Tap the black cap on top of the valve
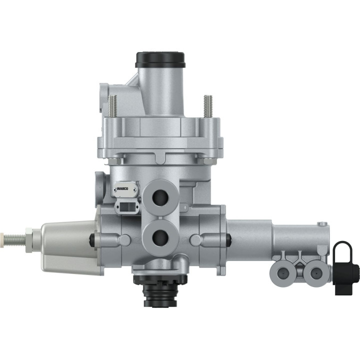(160, 58)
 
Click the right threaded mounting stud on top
(207, 106)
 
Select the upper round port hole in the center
(160, 196)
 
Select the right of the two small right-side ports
(315, 272)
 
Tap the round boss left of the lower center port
(126, 240)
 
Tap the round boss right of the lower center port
(195, 240)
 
